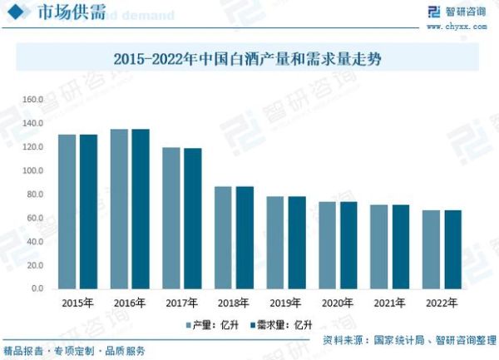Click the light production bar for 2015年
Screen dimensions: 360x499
tap(67, 211)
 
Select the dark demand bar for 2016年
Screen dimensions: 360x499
tap(141, 209)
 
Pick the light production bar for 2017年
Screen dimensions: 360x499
tap(171, 218)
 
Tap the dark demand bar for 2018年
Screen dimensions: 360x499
tap(245, 237)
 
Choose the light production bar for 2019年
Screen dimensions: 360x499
tap(275, 242)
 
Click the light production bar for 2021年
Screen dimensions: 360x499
tap(379, 246)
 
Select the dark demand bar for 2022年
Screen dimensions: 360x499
tap(452, 249)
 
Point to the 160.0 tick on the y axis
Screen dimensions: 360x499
tap(32, 100)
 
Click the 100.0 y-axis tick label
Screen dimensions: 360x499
tap(32, 170)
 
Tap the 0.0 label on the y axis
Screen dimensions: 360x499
tap(37, 288)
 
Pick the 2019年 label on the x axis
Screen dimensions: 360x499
tap(284, 303)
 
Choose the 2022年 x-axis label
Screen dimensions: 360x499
tap(441, 303)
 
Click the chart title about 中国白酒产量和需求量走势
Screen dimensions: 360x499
tap(249, 59)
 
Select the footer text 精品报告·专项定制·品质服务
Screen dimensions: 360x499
tap(74, 350)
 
